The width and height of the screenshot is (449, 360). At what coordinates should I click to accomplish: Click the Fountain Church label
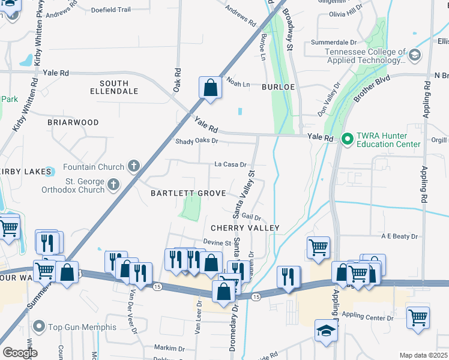pyautogui.click(x=93, y=166)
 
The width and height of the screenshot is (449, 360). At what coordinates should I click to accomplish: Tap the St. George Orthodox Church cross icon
pyautogui.click(x=113, y=185)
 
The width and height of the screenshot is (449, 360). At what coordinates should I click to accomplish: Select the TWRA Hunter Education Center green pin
pyautogui.click(x=346, y=139)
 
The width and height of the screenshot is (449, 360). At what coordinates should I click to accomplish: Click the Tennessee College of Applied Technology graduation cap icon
pyautogui.click(x=414, y=56)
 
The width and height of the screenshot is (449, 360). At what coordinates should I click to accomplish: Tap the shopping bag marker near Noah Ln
pyautogui.click(x=211, y=88)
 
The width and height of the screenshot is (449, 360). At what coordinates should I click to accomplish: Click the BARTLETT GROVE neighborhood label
pyautogui.click(x=188, y=193)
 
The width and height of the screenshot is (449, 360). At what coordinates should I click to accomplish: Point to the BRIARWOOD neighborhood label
pyautogui.click(x=73, y=122)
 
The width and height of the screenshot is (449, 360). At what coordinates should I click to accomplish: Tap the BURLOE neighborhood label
pyautogui.click(x=277, y=87)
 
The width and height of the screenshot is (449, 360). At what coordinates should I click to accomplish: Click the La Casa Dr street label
pyautogui.click(x=231, y=164)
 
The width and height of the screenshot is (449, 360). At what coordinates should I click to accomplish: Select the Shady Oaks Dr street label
pyautogui.click(x=196, y=142)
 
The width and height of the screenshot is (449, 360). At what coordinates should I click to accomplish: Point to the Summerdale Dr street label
pyautogui.click(x=334, y=43)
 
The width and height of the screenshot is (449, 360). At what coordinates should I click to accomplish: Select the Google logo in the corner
pyautogui.click(x=20, y=353)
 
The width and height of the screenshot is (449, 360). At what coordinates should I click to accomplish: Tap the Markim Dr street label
pyautogui.click(x=169, y=348)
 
